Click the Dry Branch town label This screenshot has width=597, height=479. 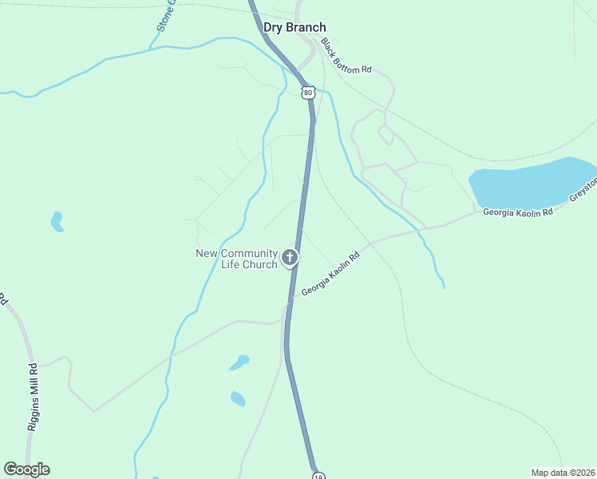click(295, 27)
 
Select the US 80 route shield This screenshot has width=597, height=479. click(308, 93)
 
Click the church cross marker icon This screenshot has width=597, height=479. click(290, 258)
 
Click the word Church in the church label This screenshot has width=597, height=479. click(262, 264)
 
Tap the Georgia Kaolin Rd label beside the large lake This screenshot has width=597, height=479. click(517, 213)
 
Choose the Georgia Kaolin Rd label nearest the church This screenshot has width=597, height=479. click(330, 275)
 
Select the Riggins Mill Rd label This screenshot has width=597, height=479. click(33, 398)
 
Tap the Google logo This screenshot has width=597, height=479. click(26, 469)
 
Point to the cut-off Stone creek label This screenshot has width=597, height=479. click(164, 16)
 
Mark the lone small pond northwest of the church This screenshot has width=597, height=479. click(57, 221)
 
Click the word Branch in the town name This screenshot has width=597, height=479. click(306, 27)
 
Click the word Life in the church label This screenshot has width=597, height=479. click(232, 264)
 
